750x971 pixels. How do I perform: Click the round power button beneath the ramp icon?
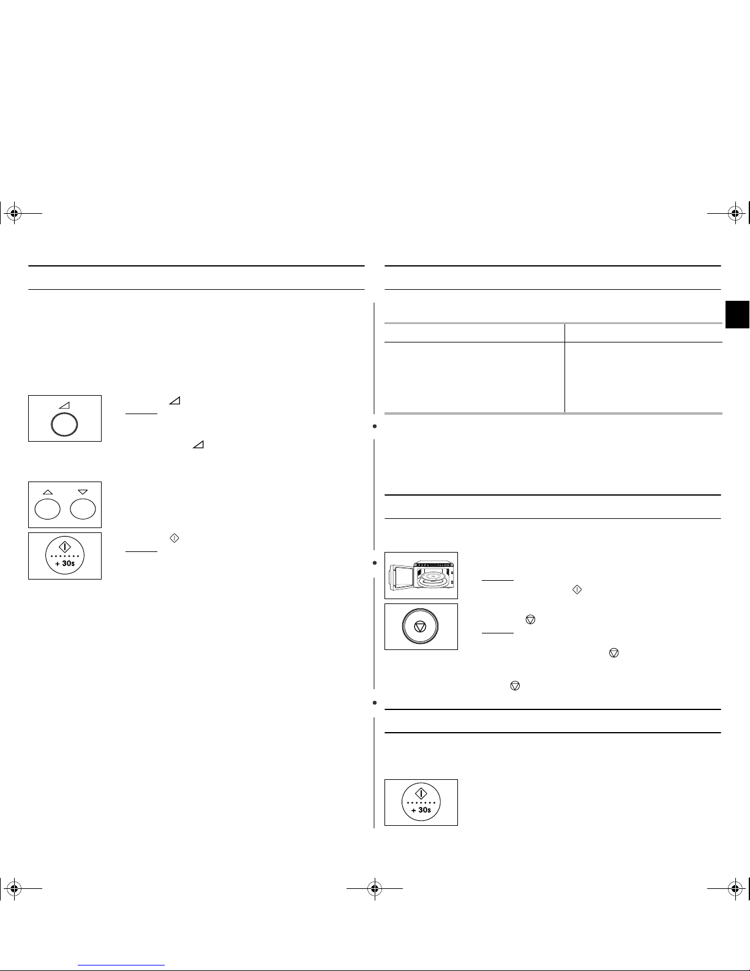coord(64,424)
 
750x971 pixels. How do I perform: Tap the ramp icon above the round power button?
coord(65,406)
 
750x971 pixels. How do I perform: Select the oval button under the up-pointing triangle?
coord(47,510)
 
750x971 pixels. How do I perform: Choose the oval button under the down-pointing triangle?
coord(83,510)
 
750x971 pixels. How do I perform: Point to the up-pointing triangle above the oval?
coord(47,492)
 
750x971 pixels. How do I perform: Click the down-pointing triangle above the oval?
coord(83,492)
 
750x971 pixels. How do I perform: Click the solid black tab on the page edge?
coord(738,315)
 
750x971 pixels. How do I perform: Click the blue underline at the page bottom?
coord(121,965)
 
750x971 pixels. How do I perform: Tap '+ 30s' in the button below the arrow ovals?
coord(65,564)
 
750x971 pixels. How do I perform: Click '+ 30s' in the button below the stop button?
coord(421,810)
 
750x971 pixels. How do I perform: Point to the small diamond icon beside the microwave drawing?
coord(577,590)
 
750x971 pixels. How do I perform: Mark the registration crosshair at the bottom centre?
coord(375,889)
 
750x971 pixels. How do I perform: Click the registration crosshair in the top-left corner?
coord(14,214)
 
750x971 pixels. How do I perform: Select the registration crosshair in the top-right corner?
coord(735,214)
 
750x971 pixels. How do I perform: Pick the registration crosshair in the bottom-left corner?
coord(14,889)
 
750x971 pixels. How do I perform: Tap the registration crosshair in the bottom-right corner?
coord(735,889)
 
